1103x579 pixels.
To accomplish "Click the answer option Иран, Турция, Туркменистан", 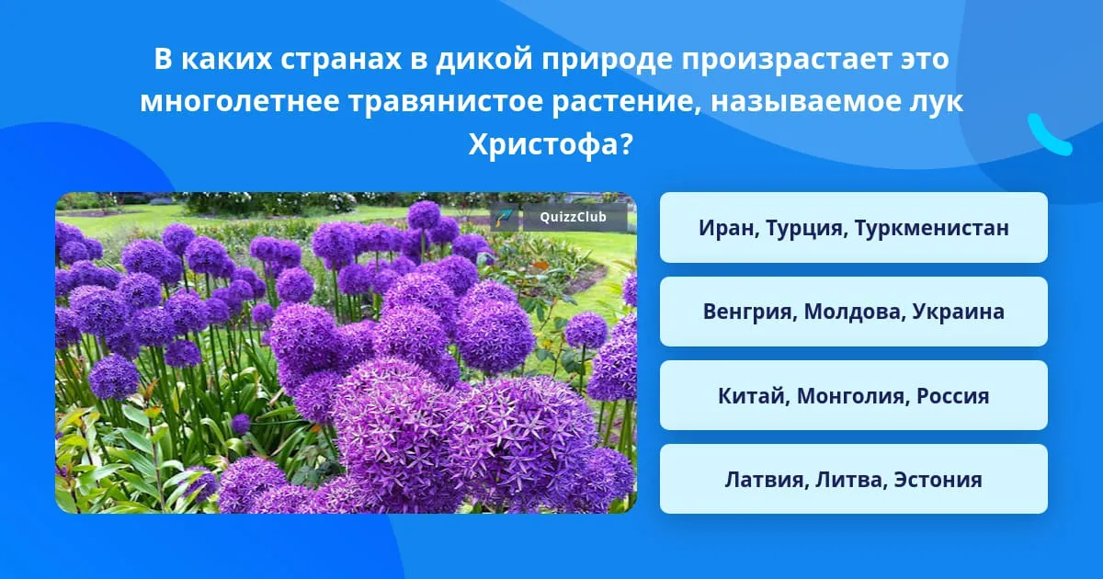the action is click(x=853, y=228).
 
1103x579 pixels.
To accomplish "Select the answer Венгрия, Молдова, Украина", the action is click(x=853, y=312).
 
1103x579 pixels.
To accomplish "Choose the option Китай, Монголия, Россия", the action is click(x=853, y=395).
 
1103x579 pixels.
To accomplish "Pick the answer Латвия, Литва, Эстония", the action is click(x=853, y=479).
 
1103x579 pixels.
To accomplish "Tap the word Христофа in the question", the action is click(x=551, y=145).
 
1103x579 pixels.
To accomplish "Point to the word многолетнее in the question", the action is click(x=240, y=102).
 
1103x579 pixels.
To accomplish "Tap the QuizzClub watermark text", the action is click(x=573, y=217).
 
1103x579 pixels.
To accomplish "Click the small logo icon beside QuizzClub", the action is click(x=505, y=217).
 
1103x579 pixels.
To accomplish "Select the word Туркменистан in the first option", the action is click(x=932, y=228).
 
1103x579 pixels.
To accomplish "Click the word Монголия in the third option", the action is click(x=852, y=396).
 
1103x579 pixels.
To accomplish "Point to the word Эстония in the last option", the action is click(x=938, y=480).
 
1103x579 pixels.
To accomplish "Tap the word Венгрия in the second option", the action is click(x=749, y=312).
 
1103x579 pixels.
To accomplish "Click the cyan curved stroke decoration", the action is click(x=1049, y=135).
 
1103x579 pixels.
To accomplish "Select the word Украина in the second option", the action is click(x=958, y=312).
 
